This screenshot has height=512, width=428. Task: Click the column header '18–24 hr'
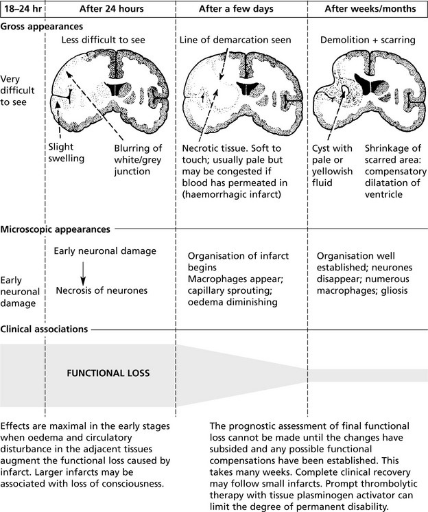coord(21,9)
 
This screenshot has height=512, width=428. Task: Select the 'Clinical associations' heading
coord(44,329)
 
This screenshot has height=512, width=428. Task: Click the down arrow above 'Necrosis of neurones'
coord(82,271)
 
